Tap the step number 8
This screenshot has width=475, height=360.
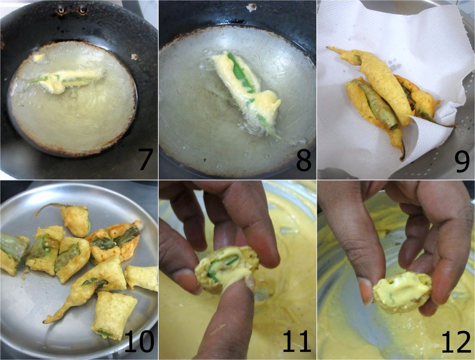[x=304, y=160]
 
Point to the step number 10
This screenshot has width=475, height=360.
[x=139, y=341]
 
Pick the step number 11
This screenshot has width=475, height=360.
[x=297, y=341]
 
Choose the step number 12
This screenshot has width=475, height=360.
[x=456, y=341]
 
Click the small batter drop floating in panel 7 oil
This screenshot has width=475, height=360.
[x=39, y=57]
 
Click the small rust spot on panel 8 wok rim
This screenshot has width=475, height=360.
[x=251, y=7]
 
